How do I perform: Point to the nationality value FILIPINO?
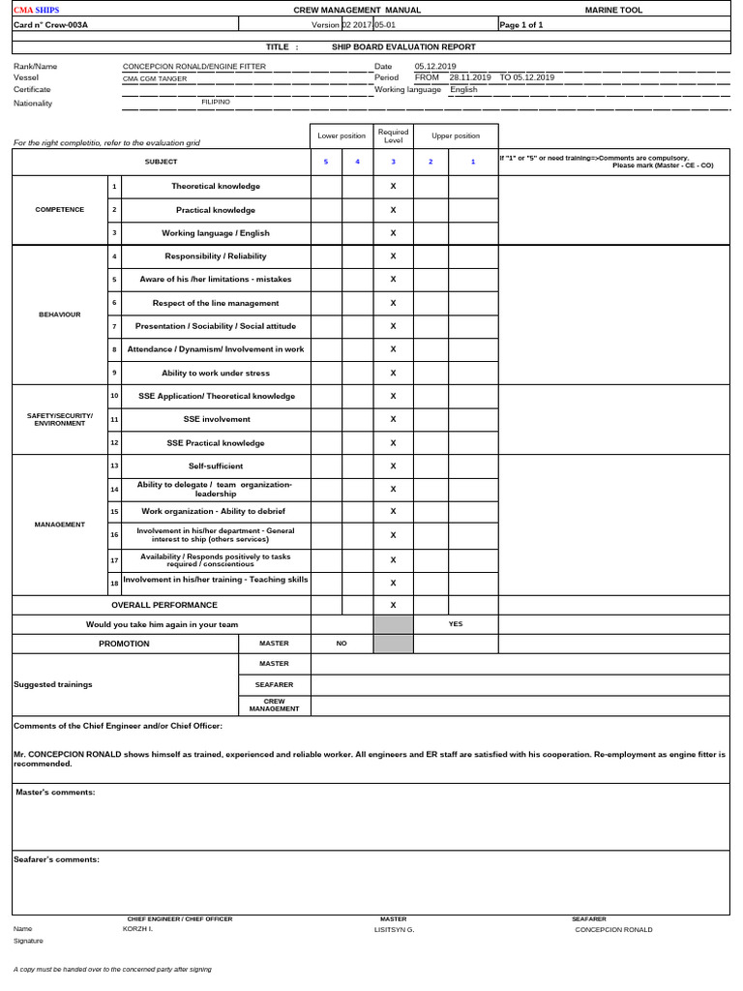pos(216,101)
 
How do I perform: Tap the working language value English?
pos(463,89)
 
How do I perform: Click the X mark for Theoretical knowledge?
pos(393,186)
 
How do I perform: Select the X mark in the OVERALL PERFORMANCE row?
pos(393,605)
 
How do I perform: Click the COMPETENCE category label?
pos(60,209)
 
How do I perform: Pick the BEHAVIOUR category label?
pos(60,315)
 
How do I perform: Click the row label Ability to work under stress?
pos(216,373)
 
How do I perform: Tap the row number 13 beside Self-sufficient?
pos(114,465)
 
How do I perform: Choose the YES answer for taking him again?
pos(456,624)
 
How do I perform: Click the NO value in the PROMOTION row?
pos(341,644)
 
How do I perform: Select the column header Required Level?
pos(393,135)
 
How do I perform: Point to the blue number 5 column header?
pos(326,162)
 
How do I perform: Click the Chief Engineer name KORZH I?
pos(138,928)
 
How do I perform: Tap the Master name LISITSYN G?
pos(394,929)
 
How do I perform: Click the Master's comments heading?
pos(55,793)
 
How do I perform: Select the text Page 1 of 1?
pos(521,26)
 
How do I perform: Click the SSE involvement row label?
pos(216,419)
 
